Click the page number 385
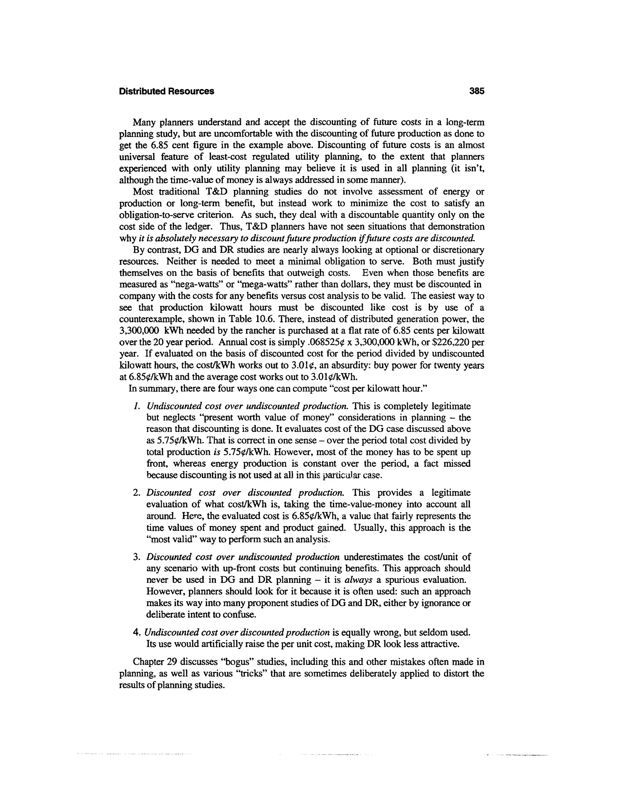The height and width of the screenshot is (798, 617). [x=477, y=91]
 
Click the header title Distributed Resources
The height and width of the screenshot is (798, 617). [x=166, y=91]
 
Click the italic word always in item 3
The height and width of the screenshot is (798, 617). [x=358, y=580]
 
